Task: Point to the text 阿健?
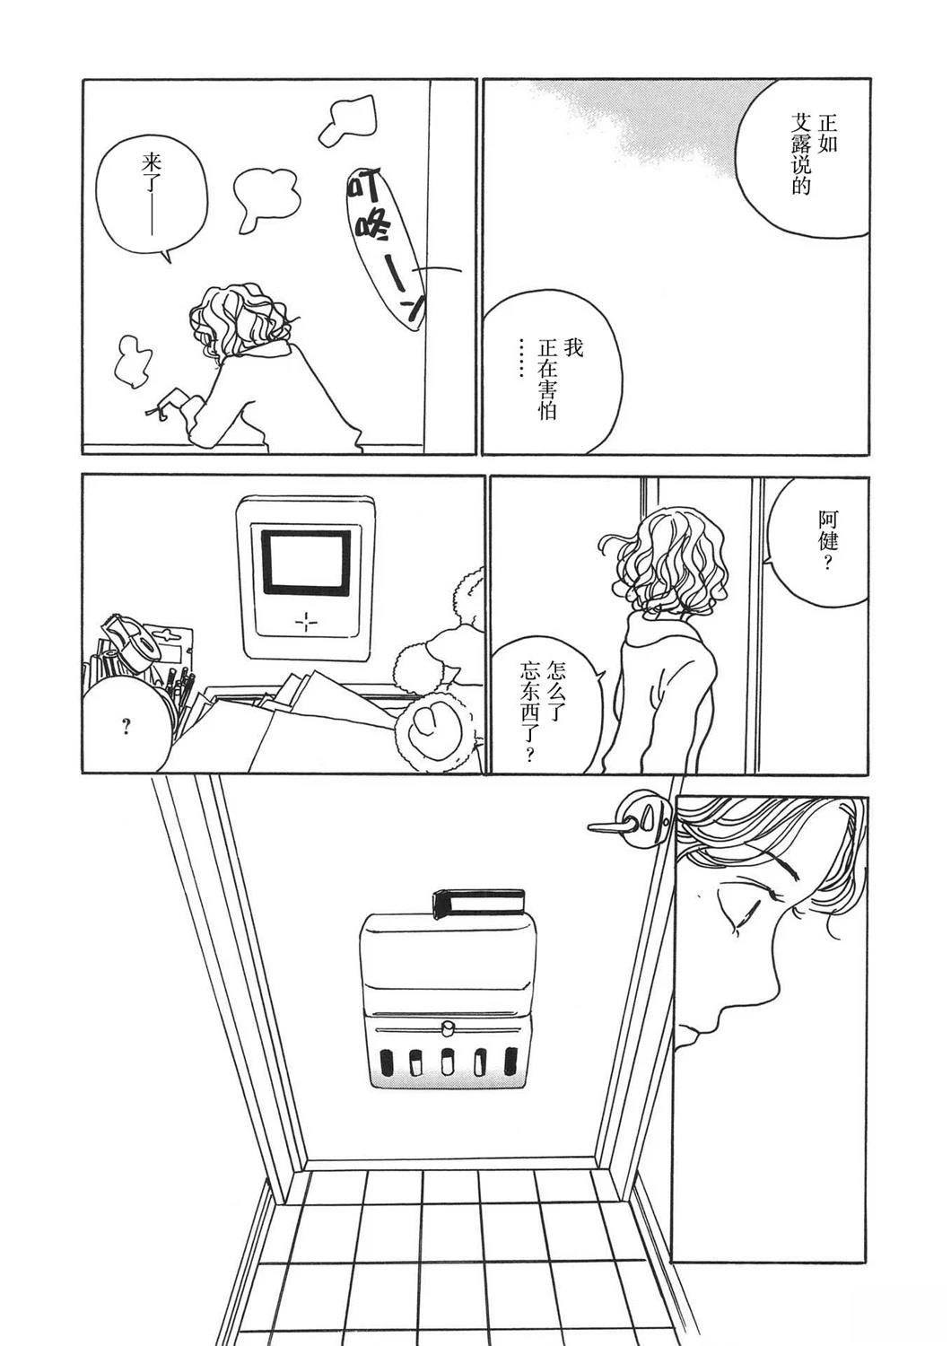(x=828, y=540)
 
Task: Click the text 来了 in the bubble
(x=150, y=168)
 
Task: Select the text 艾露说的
(x=801, y=154)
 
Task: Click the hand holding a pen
(x=174, y=403)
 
